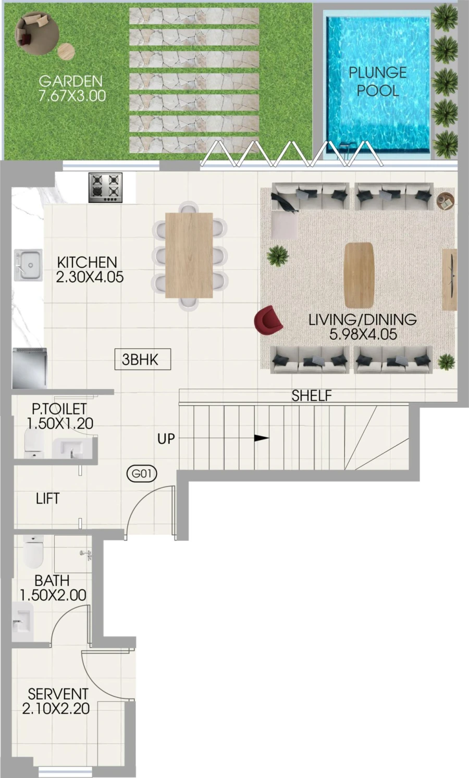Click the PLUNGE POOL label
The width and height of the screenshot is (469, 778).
click(x=377, y=81)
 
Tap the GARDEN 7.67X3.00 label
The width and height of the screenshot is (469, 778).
click(x=71, y=89)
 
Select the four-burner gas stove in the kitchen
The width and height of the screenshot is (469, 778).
click(x=105, y=187)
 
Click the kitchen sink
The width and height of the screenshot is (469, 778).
click(x=28, y=265)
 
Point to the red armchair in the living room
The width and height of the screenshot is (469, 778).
click(x=268, y=320)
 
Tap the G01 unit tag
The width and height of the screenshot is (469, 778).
click(x=142, y=474)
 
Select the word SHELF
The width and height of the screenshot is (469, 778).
click(x=312, y=396)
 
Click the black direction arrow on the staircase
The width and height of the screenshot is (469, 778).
click(x=261, y=438)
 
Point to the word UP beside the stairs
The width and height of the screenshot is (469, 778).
click(x=166, y=439)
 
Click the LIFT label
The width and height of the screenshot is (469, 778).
click(x=47, y=498)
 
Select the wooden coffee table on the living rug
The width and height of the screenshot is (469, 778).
click(x=359, y=275)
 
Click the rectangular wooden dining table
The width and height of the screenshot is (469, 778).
click(x=189, y=255)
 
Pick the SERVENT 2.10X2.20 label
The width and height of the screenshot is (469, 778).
click(x=57, y=701)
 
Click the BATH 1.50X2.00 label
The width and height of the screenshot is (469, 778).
click(x=53, y=587)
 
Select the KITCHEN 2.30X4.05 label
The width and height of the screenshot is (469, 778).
click(x=89, y=269)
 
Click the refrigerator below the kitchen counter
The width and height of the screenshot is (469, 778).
click(x=30, y=368)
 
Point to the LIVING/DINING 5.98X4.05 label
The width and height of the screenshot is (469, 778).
click(x=362, y=327)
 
